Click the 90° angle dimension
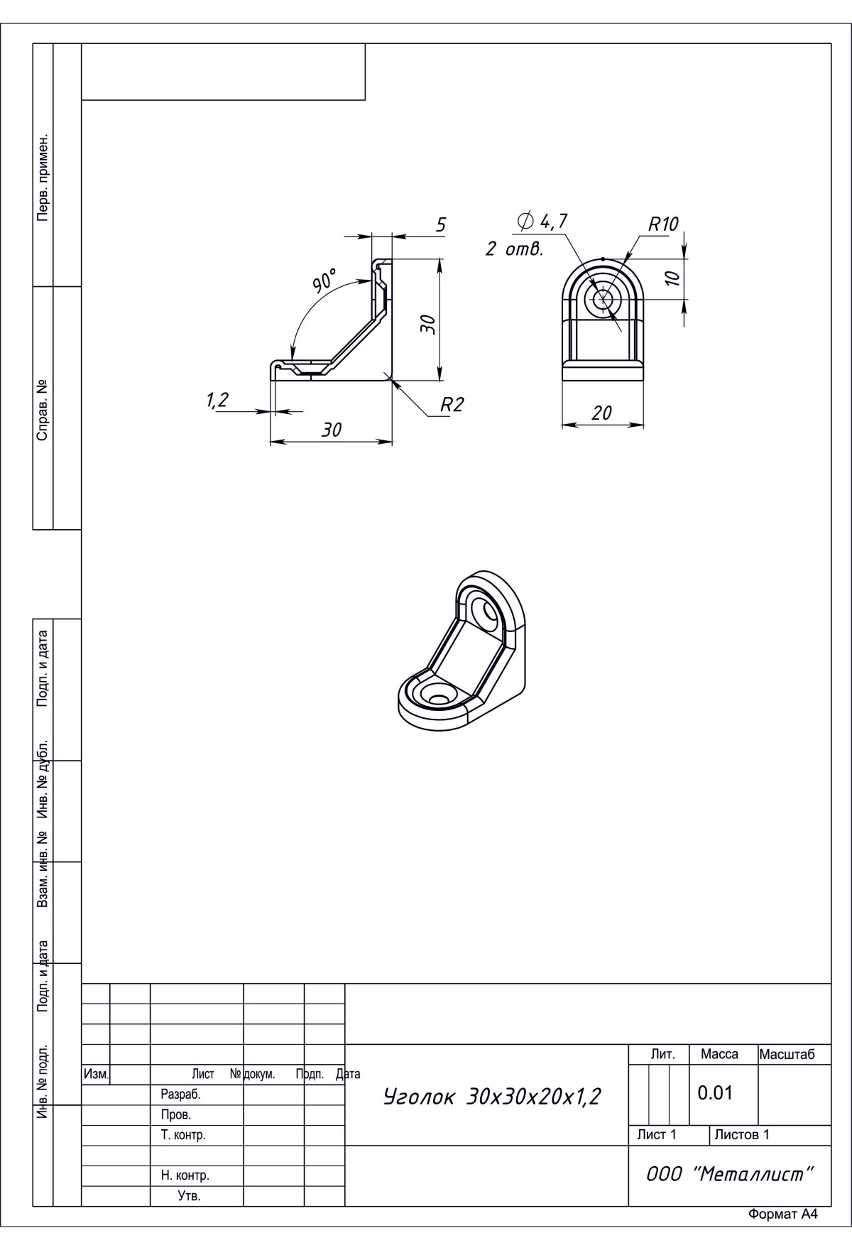click(325, 281)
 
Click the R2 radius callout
click(452, 405)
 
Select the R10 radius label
click(664, 224)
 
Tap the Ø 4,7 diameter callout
click(543, 221)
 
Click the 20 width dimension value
click(601, 413)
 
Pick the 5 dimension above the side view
click(441, 225)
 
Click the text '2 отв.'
click(515, 250)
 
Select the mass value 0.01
click(715, 1092)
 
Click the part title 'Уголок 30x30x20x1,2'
click(492, 1097)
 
